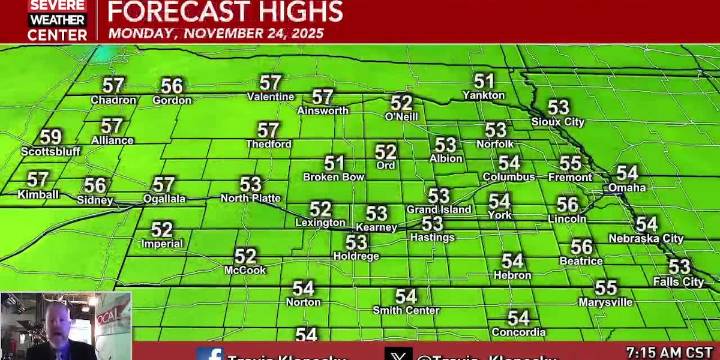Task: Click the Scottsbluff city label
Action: click(x=51, y=152)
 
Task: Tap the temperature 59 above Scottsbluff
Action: click(x=50, y=137)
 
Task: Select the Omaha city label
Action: click(x=627, y=187)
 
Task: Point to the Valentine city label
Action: click(x=271, y=97)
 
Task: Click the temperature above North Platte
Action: click(x=251, y=184)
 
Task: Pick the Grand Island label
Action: click(x=438, y=210)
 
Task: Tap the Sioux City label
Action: click(x=558, y=122)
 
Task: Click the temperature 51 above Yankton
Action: click(x=484, y=81)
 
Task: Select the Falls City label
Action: click(x=679, y=282)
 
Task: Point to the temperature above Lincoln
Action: click(x=567, y=204)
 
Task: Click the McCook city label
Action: click(x=245, y=270)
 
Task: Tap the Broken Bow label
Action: click(x=334, y=177)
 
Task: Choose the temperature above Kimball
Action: click(x=38, y=180)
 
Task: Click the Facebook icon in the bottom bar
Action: click(x=210, y=354)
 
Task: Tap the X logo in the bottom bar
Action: click(x=398, y=354)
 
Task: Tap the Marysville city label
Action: click(x=605, y=302)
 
